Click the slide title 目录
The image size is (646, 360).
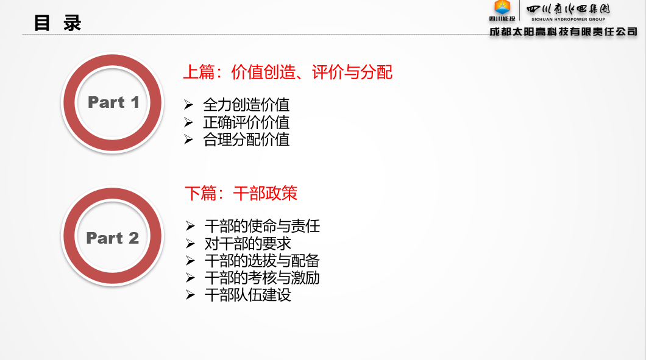tap(57, 23)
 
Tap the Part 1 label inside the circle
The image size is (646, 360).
tap(113, 102)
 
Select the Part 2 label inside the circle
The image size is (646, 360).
tap(113, 238)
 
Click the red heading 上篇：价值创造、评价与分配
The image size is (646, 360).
tap(288, 72)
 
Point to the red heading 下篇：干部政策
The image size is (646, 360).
tap(241, 193)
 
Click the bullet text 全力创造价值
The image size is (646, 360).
tap(246, 105)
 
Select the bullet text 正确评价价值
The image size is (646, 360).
tap(246, 122)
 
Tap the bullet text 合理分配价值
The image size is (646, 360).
tap(246, 139)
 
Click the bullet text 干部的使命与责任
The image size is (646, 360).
tap(262, 226)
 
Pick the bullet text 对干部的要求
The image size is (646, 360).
tap(247, 244)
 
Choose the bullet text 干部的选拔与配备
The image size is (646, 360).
tap(262, 261)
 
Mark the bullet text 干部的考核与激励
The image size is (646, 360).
tap(262, 278)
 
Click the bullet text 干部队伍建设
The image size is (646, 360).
tap(247, 295)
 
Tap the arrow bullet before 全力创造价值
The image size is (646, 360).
tap(189, 105)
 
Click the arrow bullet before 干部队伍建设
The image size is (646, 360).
tap(190, 295)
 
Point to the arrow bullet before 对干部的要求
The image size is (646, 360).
tap(190, 244)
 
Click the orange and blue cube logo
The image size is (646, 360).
tap(502, 7)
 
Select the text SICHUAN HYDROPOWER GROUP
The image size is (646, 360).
tap(568, 19)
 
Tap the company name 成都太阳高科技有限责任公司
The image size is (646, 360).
tap(563, 32)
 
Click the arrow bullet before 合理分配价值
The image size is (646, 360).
tap(189, 139)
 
